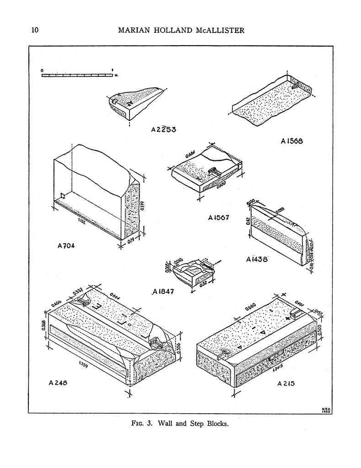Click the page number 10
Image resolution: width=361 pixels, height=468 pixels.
point(34,31)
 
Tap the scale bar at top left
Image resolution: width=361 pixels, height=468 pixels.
point(77,75)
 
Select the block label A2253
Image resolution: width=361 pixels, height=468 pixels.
point(164,129)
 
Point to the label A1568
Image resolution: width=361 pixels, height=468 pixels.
point(292,142)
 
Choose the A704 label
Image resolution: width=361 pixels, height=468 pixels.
point(66,246)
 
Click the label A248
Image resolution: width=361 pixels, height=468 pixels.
point(58,383)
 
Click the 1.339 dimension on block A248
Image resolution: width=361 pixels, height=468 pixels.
point(84,364)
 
